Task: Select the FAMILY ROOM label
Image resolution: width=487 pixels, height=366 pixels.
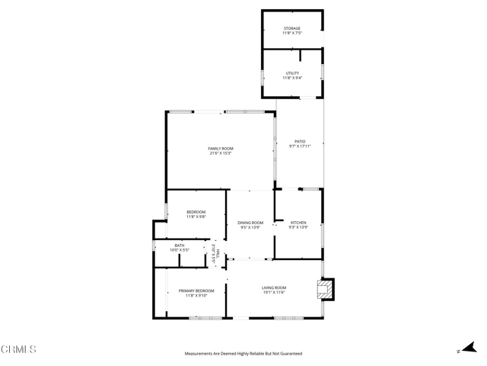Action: tap(221, 148)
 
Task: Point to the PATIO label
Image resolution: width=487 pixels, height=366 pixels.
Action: tap(300, 141)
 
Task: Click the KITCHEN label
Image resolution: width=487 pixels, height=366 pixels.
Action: tap(298, 223)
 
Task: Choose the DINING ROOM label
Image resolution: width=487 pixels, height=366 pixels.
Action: tap(250, 223)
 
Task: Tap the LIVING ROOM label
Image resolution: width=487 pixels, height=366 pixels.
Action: tap(274, 287)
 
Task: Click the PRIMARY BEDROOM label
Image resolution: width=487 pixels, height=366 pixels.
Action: tap(196, 291)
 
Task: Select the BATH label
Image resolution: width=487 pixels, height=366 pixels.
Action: tap(180, 246)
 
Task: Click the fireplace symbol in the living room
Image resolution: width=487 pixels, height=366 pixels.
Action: tap(325, 289)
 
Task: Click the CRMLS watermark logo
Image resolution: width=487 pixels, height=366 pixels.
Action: tap(19, 349)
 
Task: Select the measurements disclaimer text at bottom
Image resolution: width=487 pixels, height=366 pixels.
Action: tap(243, 354)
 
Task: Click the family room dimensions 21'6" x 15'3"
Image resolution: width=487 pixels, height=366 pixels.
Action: tap(221, 153)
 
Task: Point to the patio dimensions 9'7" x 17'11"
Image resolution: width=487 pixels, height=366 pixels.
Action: tap(300, 146)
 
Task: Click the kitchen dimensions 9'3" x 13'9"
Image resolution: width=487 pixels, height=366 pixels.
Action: tap(298, 227)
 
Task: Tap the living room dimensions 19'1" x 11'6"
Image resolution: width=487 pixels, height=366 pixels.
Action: tap(274, 293)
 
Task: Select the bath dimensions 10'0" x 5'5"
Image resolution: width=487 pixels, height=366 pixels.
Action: tap(180, 250)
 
